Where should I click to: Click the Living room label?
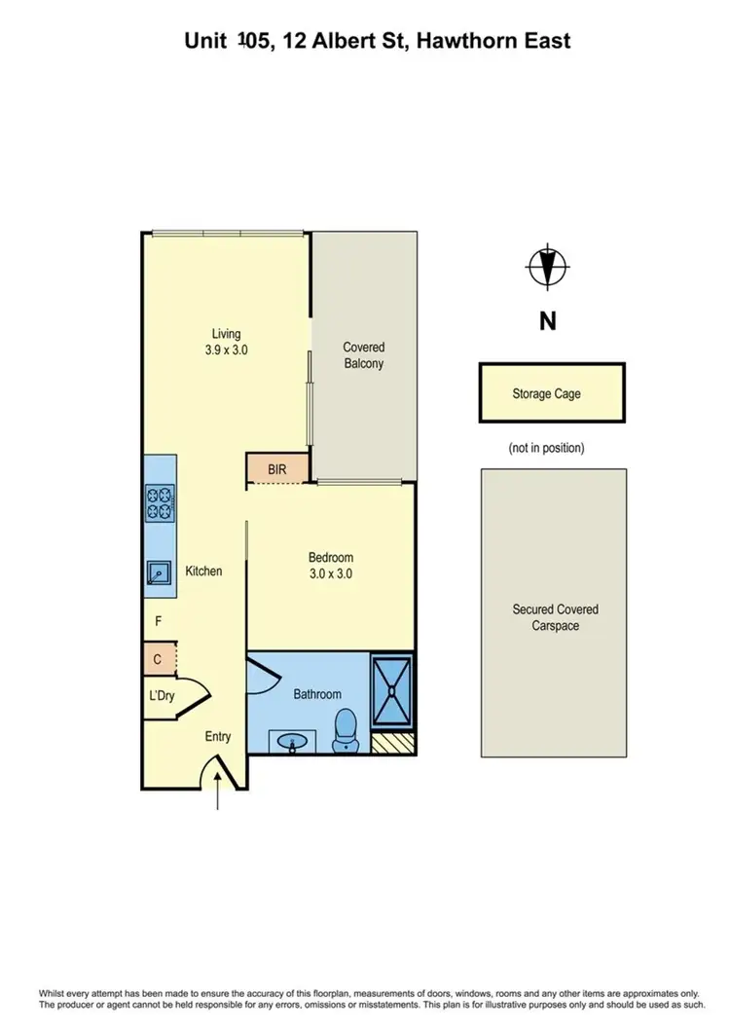[227, 334]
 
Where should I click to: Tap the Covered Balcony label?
[363, 355]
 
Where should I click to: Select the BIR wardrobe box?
[277, 469]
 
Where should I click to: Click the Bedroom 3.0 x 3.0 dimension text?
[330, 574]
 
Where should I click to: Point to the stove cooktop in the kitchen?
[159, 503]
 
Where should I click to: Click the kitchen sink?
[157, 574]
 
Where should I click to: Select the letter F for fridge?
[158, 620]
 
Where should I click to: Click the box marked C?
[158, 660]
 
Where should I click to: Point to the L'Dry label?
[161, 696]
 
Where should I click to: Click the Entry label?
[217, 737]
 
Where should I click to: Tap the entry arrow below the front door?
[217, 794]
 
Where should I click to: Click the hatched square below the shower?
[392, 743]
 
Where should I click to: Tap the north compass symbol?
[548, 266]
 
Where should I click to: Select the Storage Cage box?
[551, 393]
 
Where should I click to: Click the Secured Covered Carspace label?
[555, 617]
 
